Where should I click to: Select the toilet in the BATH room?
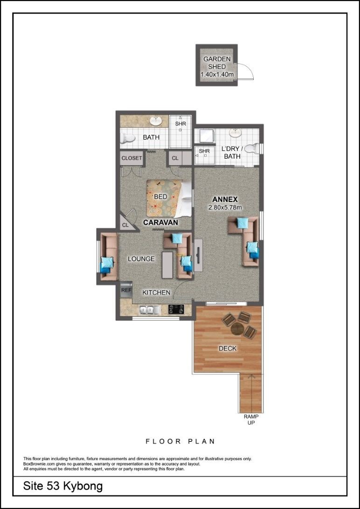pos(127,139)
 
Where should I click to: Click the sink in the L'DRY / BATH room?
pos(235,133)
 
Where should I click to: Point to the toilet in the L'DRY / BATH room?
pos(252,149)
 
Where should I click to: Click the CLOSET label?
pos(132,158)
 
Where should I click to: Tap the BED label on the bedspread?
pos(160,197)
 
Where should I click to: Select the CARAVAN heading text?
pos(160,223)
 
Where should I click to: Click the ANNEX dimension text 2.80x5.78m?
pos(225,208)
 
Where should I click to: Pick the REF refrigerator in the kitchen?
pos(126,289)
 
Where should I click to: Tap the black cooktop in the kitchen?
pos(176,309)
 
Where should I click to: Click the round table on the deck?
pos(237,329)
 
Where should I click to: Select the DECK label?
pos(228,349)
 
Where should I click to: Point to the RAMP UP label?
pos(251,419)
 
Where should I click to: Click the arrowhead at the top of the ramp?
pos(251,376)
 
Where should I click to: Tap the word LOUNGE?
pos(141,259)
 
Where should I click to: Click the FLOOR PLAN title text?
pos(180,441)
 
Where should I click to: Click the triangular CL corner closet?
pos(127,224)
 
